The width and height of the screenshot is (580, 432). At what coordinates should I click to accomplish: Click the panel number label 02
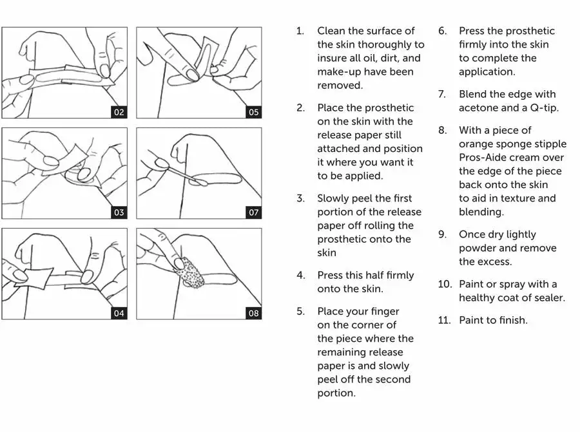click(x=119, y=112)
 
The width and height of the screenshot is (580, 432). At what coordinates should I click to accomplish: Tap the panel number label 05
click(x=253, y=112)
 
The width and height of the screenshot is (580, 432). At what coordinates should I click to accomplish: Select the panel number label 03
click(x=119, y=212)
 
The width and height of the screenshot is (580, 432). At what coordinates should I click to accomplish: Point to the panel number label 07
click(x=253, y=212)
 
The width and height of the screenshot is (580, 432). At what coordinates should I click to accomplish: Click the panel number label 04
click(x=119, y=314)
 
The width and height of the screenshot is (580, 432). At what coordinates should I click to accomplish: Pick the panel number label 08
click(x=253, y=314)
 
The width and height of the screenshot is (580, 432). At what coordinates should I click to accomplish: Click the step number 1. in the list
click(x=300, y=31)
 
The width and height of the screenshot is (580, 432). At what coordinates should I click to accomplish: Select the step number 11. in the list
click(x=444, y=320)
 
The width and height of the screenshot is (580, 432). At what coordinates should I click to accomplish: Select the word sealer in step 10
click(x=548, y=297)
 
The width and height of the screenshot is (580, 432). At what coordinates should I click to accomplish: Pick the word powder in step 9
click(x=477, y=248)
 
